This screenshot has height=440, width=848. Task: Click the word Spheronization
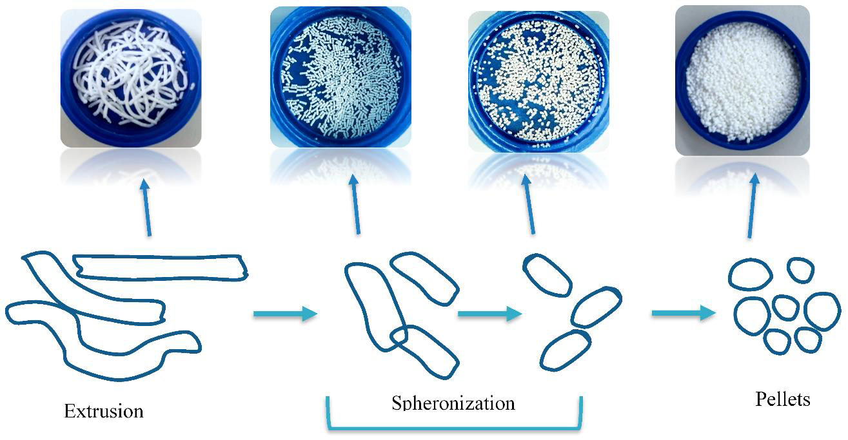pos(453,403)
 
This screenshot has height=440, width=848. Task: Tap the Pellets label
pos(782,399)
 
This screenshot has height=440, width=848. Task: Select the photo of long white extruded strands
pos(131,78)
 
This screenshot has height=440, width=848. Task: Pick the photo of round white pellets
pos(742,81)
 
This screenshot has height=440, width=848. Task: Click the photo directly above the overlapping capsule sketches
pos(340,77)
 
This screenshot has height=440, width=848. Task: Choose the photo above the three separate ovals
pos(538,81)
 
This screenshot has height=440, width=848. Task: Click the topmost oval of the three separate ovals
pos(546,274)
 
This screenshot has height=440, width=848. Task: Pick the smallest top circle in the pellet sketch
pos(800,270)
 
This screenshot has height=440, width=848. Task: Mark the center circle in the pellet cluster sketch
pos(786,307)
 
